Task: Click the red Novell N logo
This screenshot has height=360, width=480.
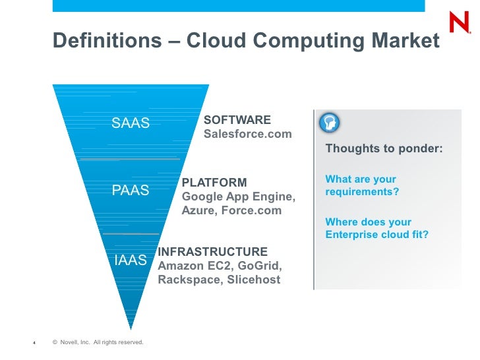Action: click(x=460, y=23)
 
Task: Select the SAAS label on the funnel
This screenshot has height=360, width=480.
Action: click(x=131, y=123)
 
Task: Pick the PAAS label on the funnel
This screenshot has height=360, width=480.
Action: click(x=131, y=191)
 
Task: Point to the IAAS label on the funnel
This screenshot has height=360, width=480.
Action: click(x=131, y=260)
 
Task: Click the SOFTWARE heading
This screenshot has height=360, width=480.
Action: click(x=237, y=120)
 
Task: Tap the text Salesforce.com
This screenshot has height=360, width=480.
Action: click(x=247, y=134)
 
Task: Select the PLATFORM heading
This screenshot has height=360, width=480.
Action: click(x=214, y=182)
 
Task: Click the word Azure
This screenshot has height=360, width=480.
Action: click(x=197, y=211)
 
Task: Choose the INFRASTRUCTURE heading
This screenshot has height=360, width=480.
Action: click(x=213, y=251)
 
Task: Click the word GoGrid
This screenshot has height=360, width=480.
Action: click(x=259, y=266)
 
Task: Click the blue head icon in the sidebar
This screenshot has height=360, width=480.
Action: click(x=330, y=122)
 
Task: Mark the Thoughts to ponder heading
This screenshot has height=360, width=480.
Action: click(x=384, y=148)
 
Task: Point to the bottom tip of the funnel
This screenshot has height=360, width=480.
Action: click(x=131, y=327)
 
